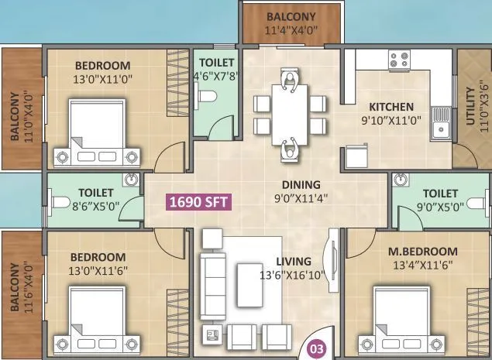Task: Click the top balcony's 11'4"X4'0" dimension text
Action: click(291, 32)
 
